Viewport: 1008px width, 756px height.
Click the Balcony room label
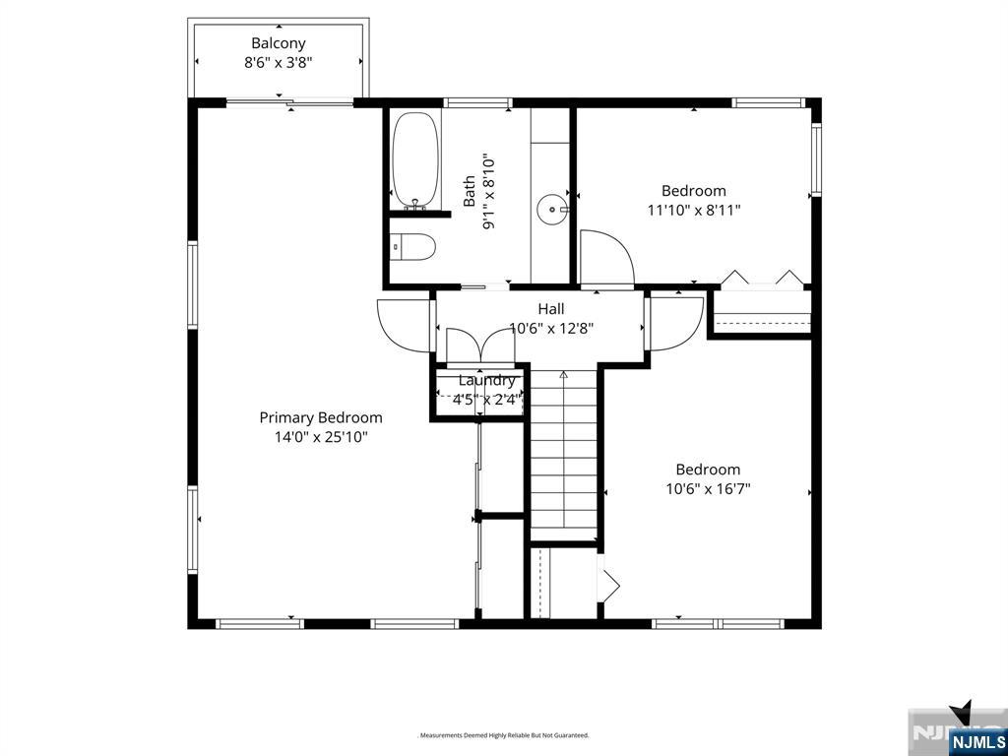tap(279, 43)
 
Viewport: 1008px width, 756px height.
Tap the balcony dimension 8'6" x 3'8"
tap(279, 62)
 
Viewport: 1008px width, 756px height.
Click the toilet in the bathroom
tap(412, 246)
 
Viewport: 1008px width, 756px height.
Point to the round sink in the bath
tap(551, 209)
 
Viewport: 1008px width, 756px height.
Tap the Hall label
tap(551, 309)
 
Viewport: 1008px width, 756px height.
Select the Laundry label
tap(486, 381)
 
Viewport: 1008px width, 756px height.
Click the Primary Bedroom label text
tap(321, 417)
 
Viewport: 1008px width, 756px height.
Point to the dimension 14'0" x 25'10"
tap(321, 437)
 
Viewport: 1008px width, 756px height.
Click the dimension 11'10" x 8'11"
tap(694, 210)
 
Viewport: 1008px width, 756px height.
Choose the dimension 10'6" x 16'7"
tap(708, 488)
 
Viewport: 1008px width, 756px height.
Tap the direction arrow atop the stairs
tap(564, 375)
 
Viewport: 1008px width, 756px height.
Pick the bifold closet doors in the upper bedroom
tap(761, 279)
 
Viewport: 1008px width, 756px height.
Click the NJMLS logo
tap(976, 739)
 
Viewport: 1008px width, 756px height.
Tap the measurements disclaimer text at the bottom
tap(503, 735)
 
